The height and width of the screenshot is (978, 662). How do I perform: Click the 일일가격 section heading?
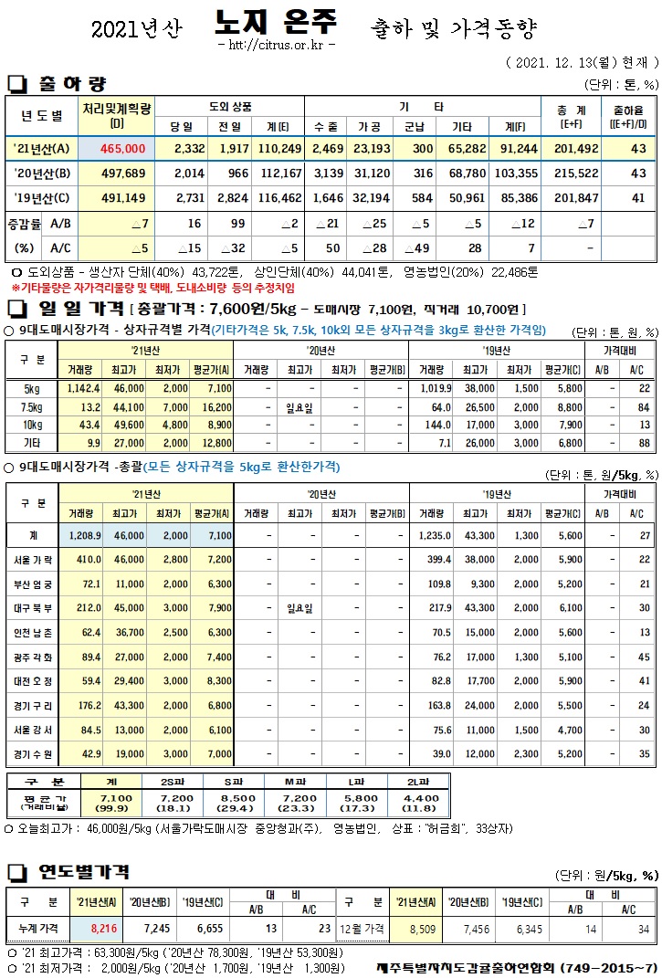coord(77,310)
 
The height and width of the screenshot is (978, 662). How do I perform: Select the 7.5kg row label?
coord(30,406)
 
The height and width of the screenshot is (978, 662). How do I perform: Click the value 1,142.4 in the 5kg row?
coord(84,388)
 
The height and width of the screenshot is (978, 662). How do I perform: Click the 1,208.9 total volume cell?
coord(84,535)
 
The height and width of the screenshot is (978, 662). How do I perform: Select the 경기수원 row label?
coord(32,753)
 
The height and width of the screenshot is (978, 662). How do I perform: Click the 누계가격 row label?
coord(37,927)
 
